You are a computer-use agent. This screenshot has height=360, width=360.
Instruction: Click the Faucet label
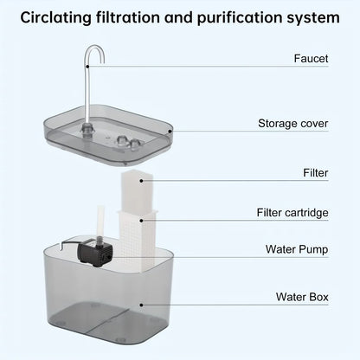tap(310, 60)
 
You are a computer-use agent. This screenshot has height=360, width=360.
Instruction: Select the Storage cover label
tap(293, 124)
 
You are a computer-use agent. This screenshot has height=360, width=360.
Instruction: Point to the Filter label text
tap(316, 173)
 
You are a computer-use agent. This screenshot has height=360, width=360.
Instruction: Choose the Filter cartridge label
tap(292, 213)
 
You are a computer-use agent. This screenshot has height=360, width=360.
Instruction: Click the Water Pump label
tap(297, 249)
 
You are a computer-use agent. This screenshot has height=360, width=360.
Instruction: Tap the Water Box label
tap(302, 297)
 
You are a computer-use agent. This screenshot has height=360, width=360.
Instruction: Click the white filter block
tap(138, 190)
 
